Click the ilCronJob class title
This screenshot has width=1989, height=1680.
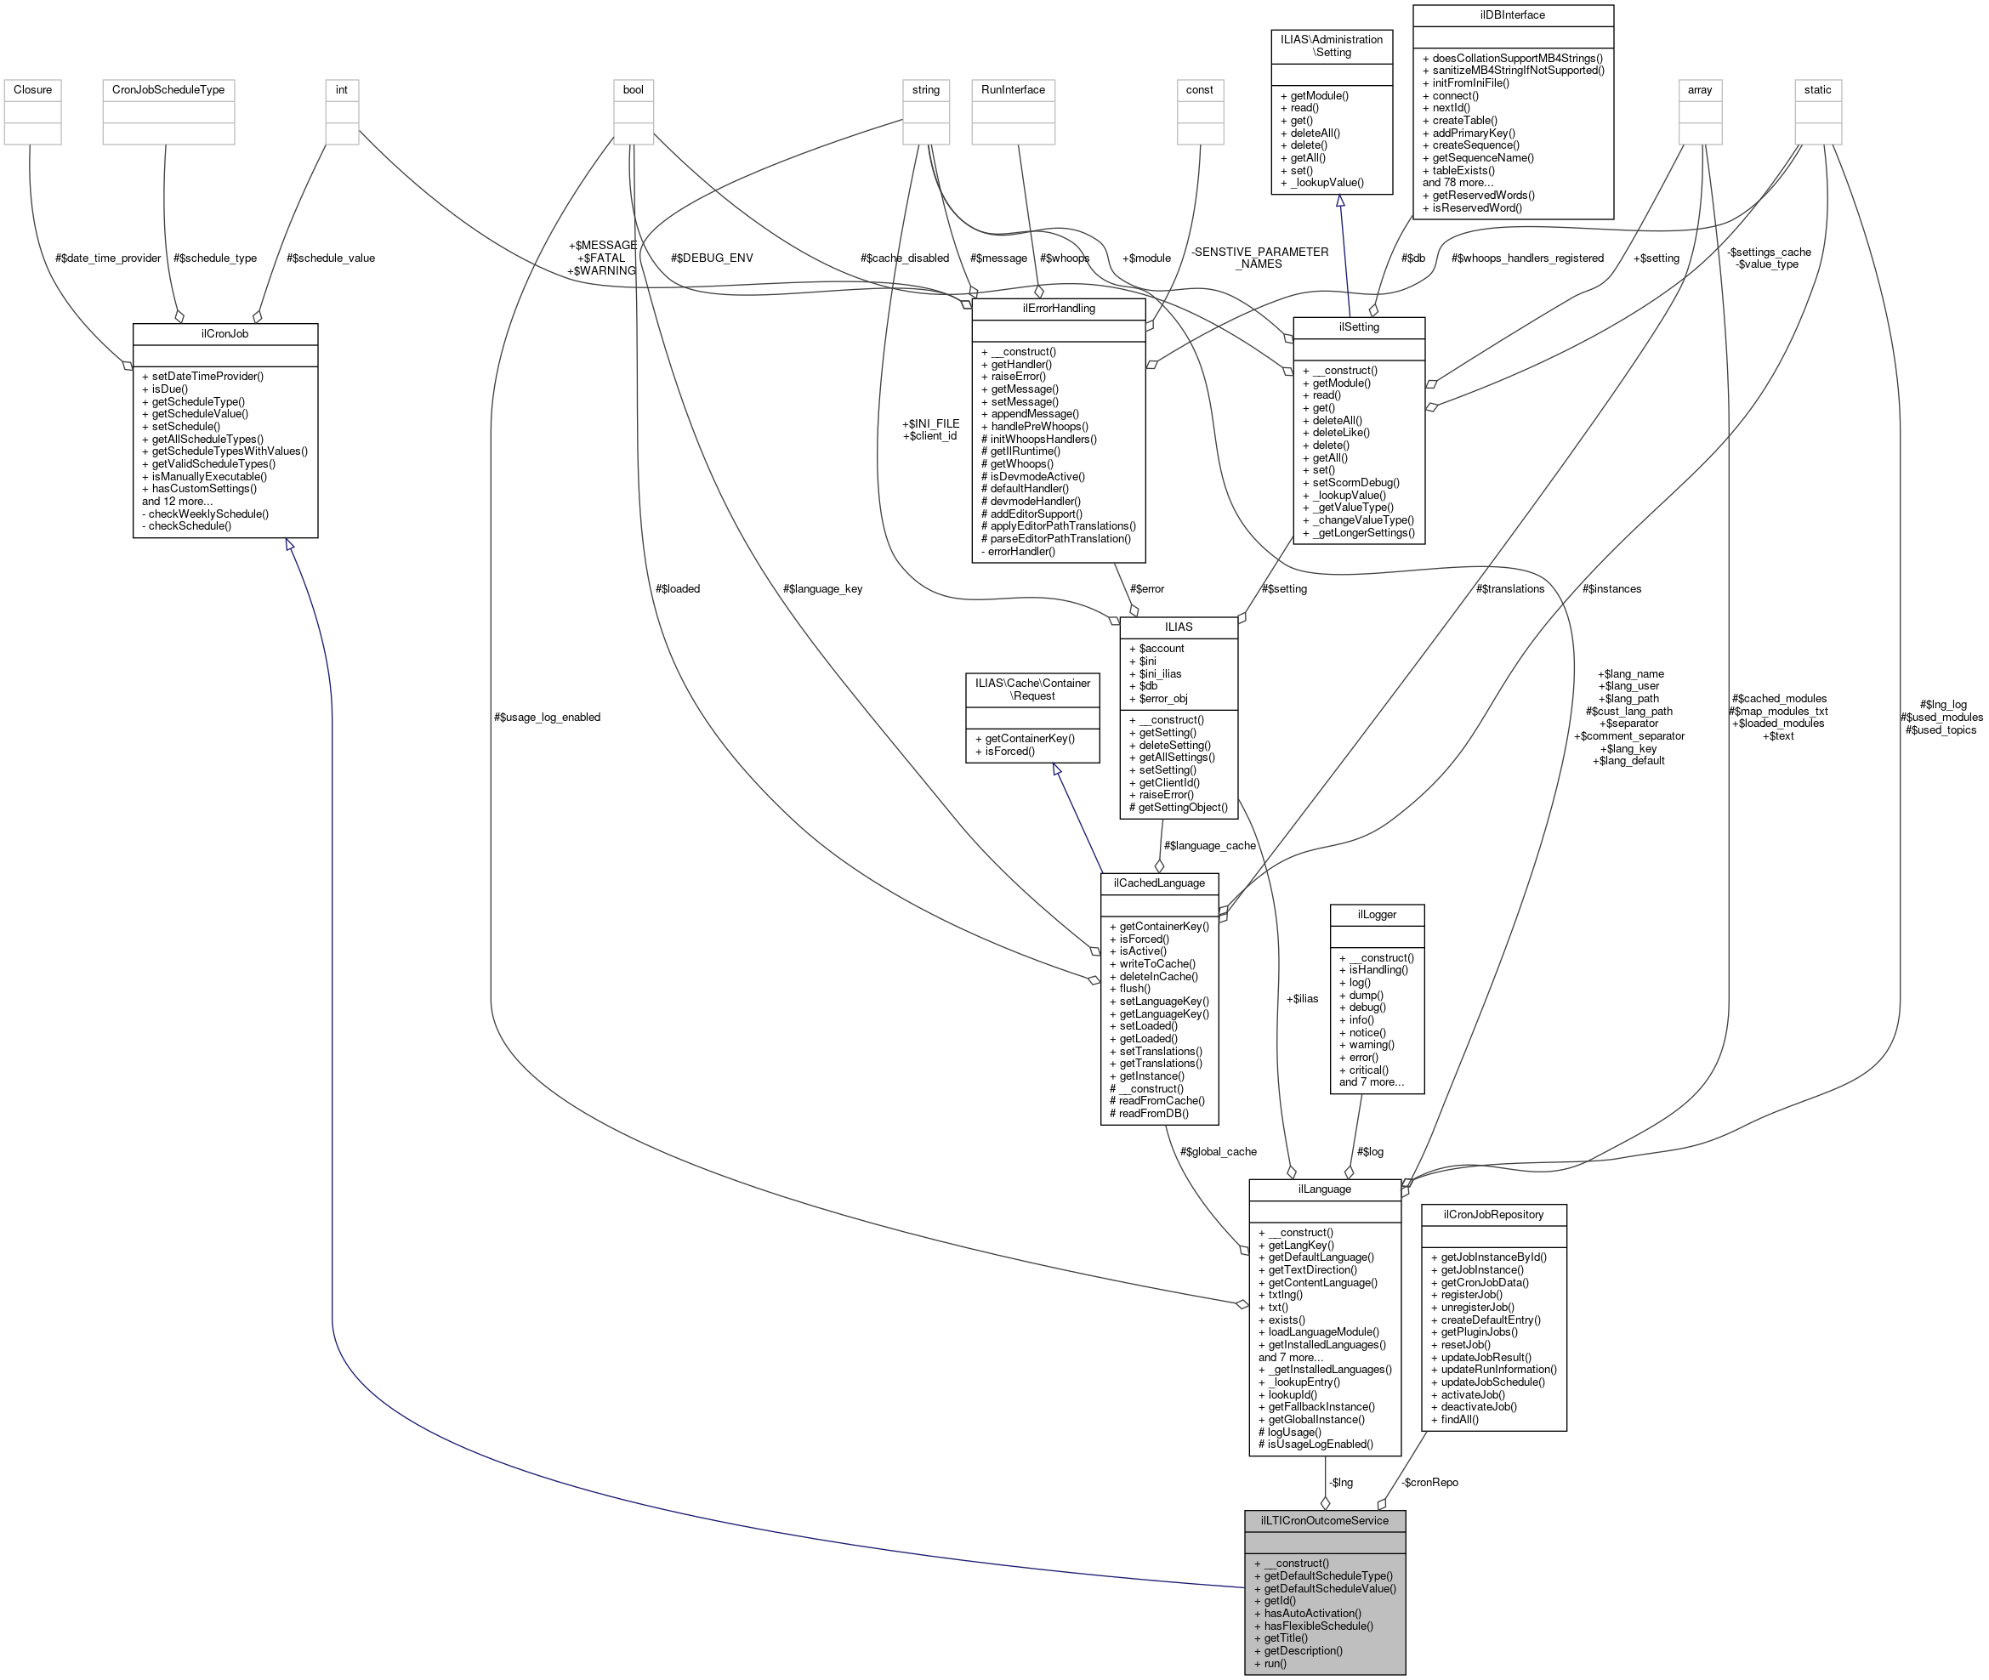(x=224, y=334)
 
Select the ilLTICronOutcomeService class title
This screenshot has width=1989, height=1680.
(x=1324, y=1521)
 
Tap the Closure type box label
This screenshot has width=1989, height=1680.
(x=32, y=89)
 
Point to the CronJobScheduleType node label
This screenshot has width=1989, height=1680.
(x=168, y=89)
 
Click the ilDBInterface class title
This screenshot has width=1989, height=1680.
(x=1513, y=15)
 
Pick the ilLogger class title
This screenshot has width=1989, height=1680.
(x=1377, y=914)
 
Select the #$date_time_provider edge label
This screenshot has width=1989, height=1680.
(x=108, y=258)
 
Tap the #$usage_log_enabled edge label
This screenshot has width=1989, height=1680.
(x=547, y=717)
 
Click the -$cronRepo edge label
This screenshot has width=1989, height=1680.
(x=1429, y=1482)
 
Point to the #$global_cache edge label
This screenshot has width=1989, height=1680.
(x=1218, y=1151)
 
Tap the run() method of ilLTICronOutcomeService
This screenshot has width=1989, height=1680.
(x=1275, y=1664)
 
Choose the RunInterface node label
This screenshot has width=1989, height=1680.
(x=1013, y=89)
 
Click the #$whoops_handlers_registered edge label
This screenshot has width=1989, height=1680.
(x=1527, y=258)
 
